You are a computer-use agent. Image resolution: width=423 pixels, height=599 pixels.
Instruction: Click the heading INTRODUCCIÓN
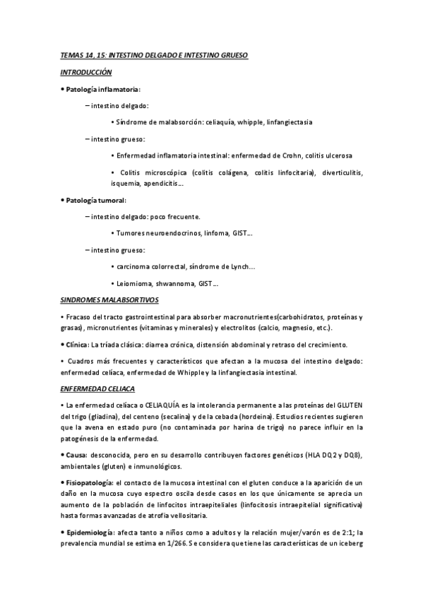tap(86, 72)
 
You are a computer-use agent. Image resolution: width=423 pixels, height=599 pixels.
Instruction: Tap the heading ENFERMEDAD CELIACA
tap(97, 389)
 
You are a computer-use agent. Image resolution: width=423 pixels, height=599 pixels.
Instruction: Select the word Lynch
tap(239, 266)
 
